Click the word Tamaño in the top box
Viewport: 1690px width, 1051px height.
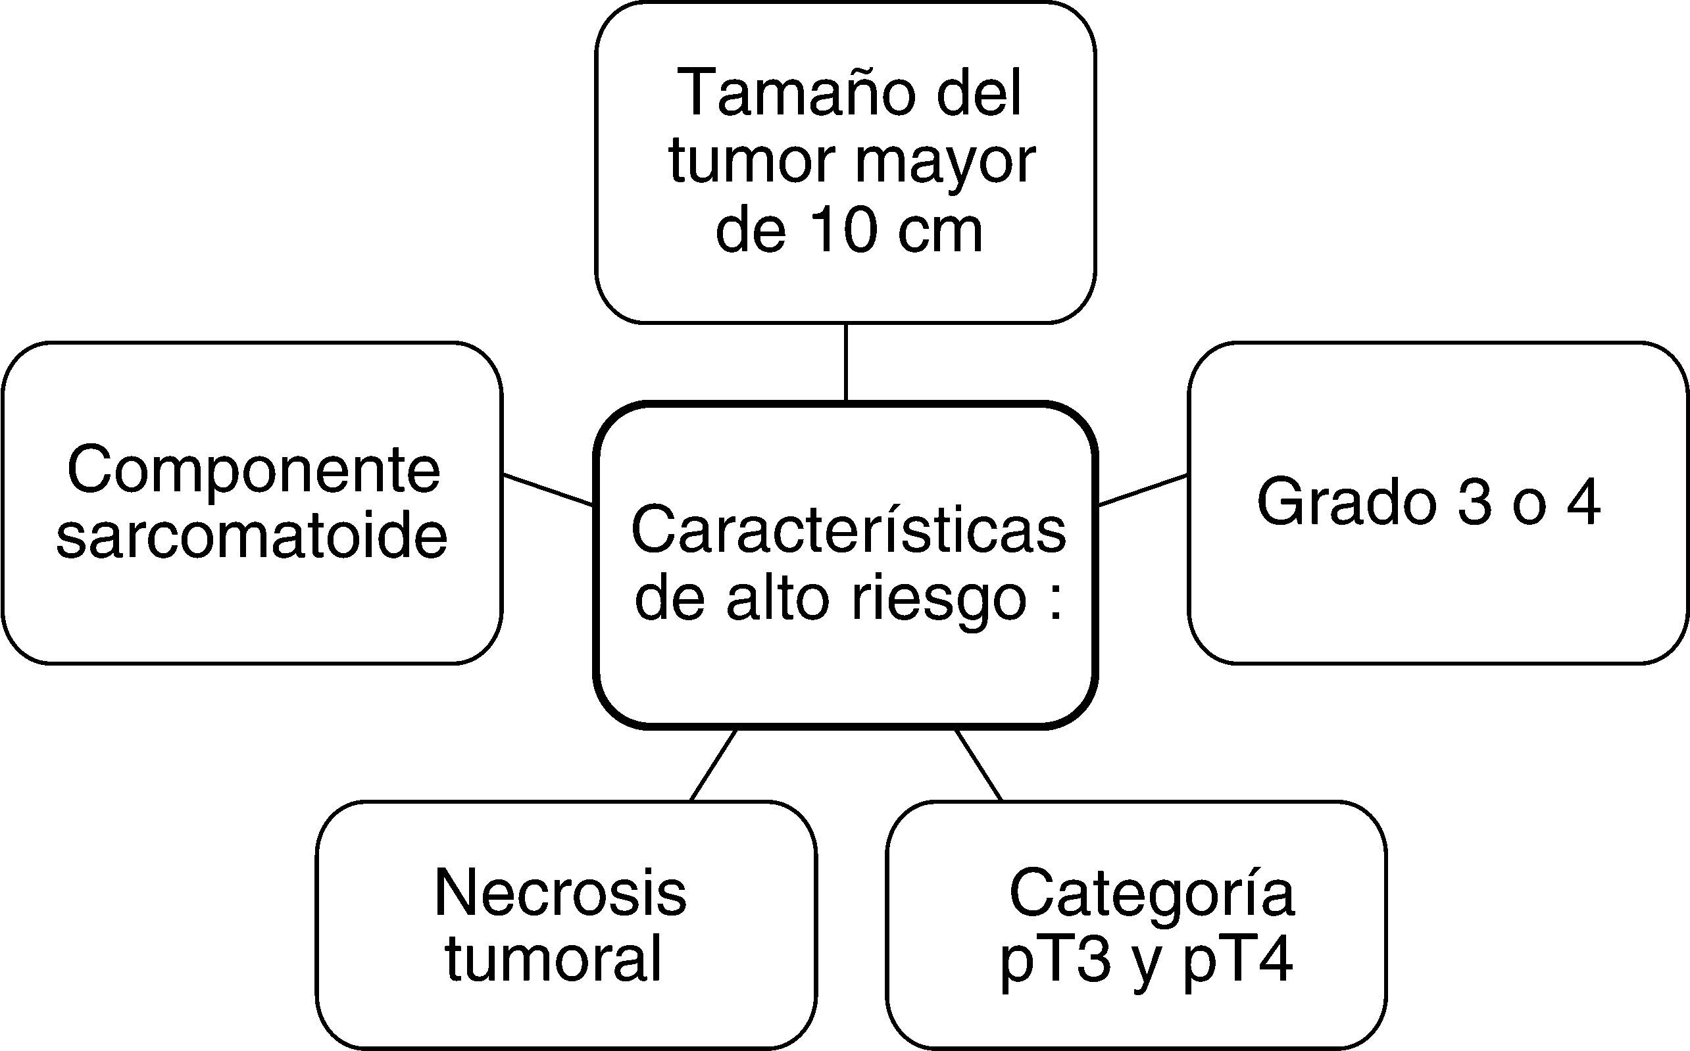pos(793,94)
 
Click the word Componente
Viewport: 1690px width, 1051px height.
pos(254,472)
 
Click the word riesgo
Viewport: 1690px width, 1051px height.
pos(939,599)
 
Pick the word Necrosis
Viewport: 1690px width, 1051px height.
pos(560,893)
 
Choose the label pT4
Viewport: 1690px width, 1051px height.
pos(1238,961)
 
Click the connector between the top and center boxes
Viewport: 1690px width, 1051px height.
pos(845,362)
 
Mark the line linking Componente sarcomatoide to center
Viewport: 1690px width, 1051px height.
pos(548,489)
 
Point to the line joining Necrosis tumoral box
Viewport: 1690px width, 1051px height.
pos(713,766)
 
